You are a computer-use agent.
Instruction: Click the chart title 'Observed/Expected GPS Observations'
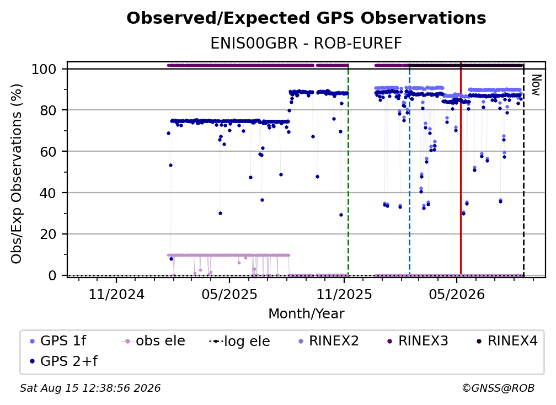coord(306,18)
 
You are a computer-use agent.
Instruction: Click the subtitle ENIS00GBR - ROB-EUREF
coord(306,44)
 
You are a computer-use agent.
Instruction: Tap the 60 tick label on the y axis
coord(49,151)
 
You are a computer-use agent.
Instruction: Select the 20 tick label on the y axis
coord(49,234)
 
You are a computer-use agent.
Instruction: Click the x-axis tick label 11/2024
coord(116,295)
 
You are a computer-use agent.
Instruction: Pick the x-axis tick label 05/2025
coord(229,295)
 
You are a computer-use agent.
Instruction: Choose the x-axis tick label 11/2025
coord(344,295)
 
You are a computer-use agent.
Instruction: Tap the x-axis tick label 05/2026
coord(457,295)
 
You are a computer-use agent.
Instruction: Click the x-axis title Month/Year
coord(306,314)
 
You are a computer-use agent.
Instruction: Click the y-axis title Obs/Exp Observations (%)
coord(17,174)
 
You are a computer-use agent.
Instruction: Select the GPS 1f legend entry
coord(58,341)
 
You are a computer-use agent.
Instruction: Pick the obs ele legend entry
coord(153,341)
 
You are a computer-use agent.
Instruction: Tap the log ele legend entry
coord(240,341)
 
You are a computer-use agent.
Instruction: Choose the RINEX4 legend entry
coord(507,341)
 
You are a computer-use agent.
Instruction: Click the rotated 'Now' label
coord(536,85)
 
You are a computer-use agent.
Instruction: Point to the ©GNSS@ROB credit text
coord(498,388)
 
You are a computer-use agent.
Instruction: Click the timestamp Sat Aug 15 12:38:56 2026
coord(90,388)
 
